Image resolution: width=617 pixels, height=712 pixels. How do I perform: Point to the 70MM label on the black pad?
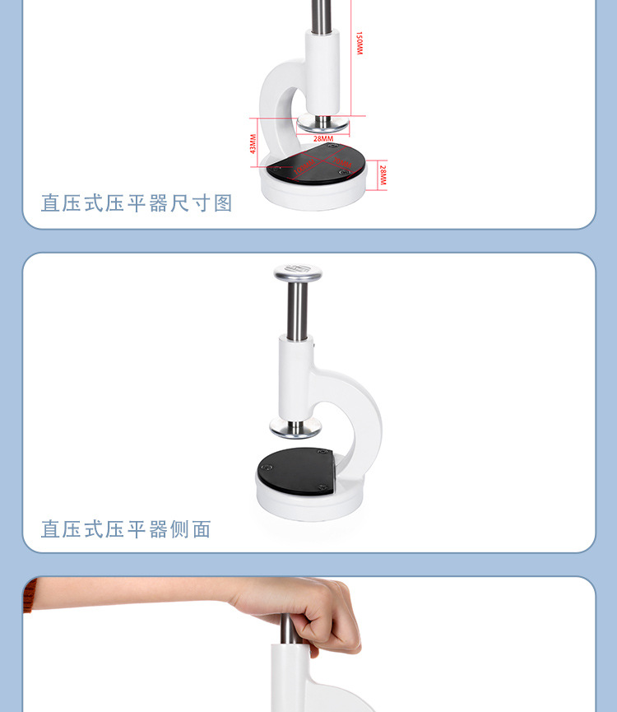(332, 164)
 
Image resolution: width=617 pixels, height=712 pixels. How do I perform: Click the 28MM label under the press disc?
(323, 138)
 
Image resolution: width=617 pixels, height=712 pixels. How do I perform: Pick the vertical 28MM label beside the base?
(383, 175)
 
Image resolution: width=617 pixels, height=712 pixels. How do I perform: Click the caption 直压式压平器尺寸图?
(137, 202)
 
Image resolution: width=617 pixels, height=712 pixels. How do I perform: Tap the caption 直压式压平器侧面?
(126, 528)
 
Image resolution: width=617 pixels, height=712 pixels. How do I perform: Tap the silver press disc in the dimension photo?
(323, 123)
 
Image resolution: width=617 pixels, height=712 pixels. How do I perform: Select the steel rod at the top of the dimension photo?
(323, 14)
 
